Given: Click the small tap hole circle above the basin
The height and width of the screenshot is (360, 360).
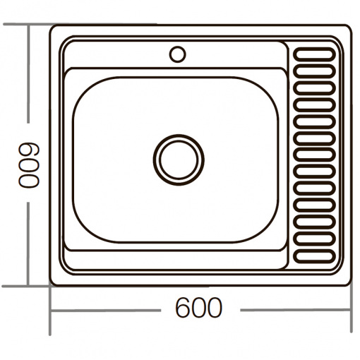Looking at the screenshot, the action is [x=177, y=54].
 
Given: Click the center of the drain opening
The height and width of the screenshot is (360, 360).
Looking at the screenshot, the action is [x=179, y=160].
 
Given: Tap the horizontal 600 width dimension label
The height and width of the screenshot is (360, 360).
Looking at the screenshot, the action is [x=198, y=308].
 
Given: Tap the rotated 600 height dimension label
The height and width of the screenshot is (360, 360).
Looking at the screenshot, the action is [x=29, y=166].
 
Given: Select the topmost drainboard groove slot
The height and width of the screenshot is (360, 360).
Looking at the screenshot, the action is [x=314, y=54].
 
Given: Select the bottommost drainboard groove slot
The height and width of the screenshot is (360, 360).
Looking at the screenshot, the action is [x=314, y=256].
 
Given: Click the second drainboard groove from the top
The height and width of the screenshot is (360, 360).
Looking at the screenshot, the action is [x=314, y=71].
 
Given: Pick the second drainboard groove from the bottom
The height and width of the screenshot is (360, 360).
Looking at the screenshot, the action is [x=314, y=239].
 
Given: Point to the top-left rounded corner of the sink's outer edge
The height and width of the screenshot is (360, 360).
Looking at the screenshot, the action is [x=52, y=28].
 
